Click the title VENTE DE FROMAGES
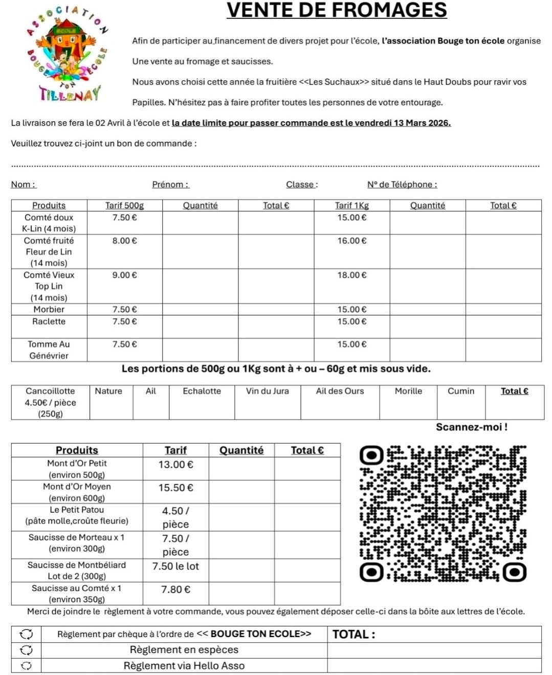click(x=337, y=10)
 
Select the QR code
click(x=443, y=514)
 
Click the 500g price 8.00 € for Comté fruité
click(x=124, y=241)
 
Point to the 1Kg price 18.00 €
click(x=351, y=275)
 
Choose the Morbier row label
click(x=49, y=309)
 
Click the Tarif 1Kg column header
click(x=351, y=205)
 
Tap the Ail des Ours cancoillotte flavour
click(x=340, y=391)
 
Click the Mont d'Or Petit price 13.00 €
click(x=175, y=465)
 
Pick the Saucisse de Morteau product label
click(x=77, y=537)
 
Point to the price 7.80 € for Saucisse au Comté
click(x=175, y=590)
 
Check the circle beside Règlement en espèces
click(x=26, y=650)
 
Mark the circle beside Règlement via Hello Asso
click(x=26, y=666)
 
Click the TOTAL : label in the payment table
click(x=354, y=635)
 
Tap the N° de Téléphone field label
click(x=402, y=185)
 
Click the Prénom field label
click(x=170, y=185)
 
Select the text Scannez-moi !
click(x=471, y=427)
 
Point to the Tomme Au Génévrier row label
click(x=49, y=350)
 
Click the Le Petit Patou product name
click(x=77, y=510)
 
